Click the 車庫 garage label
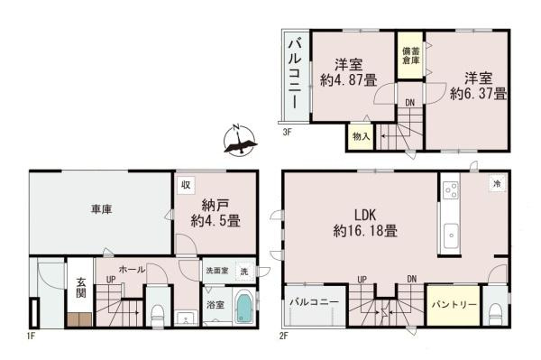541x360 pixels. coord(100,210)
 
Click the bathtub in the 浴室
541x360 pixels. coord(244,309)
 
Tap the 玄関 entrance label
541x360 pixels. coord(79,287)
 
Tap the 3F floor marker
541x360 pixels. coord(287,133)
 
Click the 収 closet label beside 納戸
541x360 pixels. coord(185,185)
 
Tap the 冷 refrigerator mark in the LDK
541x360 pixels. coord(496,184)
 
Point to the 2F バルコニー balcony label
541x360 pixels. coord(315,303)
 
